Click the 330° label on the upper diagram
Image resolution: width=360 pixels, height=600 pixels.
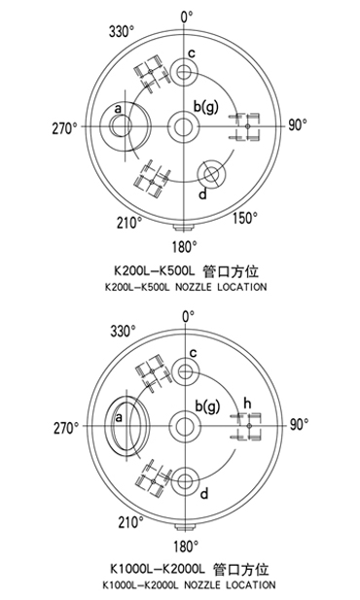point(122,32)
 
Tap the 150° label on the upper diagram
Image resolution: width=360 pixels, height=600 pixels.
point(245,218)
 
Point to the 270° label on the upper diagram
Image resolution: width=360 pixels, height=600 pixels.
point(65,126)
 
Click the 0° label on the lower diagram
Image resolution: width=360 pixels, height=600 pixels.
point(187,317)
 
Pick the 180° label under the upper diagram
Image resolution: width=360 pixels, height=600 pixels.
point(184,245)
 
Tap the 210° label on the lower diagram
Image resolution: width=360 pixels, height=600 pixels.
point(129,522)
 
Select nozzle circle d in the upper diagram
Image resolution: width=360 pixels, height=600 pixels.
point(209,176)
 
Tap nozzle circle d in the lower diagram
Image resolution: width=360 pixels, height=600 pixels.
point(184,478)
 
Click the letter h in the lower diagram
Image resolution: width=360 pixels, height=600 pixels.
point(247,403)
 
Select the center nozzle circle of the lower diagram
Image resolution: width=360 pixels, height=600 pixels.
point(184,425)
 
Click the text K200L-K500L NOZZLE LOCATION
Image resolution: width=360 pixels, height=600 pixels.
point(184,288)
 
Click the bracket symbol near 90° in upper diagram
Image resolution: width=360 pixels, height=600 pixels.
point(247,126)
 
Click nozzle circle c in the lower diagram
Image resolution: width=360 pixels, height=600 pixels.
point(184,371)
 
